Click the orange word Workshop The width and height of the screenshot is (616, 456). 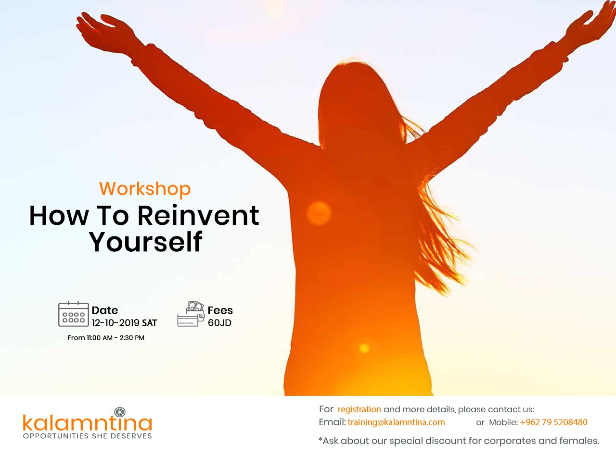[145, 189]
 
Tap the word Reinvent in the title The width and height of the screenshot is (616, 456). [198, 216]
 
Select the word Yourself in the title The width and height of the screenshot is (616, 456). [145, 242]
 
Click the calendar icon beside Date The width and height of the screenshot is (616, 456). [74, 314]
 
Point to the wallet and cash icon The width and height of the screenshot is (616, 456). [191, 314]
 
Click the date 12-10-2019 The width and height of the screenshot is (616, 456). [115, 323]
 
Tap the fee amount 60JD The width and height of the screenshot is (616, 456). [219, 323]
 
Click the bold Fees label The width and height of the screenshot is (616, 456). [220, 310]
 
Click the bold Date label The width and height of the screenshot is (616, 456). [105, 310]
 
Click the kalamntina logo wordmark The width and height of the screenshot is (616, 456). [88, 422]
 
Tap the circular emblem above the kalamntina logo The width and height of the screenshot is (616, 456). [120, 412]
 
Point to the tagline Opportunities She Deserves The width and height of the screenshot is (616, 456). [88, 436]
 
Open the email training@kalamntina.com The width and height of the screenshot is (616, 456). [396, 422]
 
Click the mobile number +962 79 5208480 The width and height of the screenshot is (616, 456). [553, 422]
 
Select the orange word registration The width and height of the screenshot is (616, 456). [359, 409]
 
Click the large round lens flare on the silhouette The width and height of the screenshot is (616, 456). [319, 213]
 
